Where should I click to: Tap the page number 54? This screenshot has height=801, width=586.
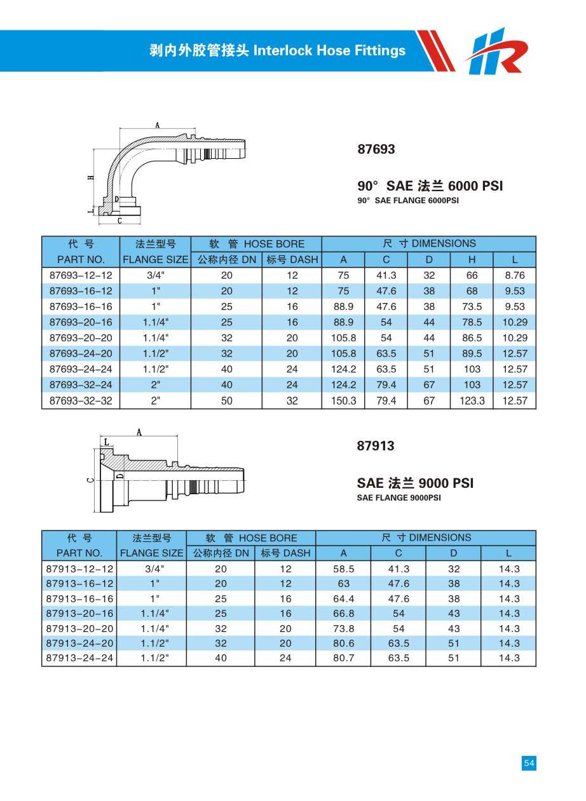coord(529,764)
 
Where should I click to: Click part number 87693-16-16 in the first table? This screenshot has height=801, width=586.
coord(80,307)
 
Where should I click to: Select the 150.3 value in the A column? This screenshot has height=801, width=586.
coord(343,401)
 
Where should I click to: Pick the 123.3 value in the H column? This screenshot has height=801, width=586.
coord(472,401)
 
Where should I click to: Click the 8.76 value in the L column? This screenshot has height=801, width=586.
coord(514,276)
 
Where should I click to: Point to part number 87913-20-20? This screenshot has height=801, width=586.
coord(80,628)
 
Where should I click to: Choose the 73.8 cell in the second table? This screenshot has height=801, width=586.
coord(343,628)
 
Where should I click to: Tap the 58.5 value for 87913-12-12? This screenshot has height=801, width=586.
coord(343,569)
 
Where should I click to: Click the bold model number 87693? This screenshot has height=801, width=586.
coord(376,149)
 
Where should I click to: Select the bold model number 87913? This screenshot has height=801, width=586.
coord(376,446)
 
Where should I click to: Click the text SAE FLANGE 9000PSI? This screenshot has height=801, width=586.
coord(399,498)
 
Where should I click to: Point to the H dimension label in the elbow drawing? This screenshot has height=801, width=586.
coord(92,178)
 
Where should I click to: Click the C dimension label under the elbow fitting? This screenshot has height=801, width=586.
coord(119,221)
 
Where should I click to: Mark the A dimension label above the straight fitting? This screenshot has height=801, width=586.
coord(139,432)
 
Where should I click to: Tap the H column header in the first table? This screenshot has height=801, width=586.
coord(472,259)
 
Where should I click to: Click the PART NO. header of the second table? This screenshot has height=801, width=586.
coord(79,553)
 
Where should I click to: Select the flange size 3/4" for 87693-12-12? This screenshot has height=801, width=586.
coord(155,276)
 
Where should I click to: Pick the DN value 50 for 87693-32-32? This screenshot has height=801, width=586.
coord(226,401)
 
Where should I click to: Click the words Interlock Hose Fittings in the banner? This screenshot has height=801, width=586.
coord(329,51)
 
